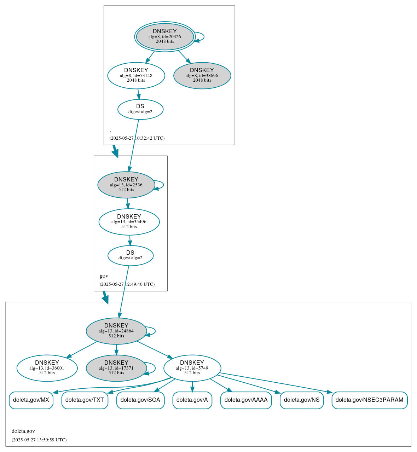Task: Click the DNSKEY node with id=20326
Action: [165, 36]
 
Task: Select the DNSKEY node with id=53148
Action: [136, 75]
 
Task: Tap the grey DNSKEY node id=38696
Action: [202, 75]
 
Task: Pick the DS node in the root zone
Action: [140, 109]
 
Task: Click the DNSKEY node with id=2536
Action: [126, 185]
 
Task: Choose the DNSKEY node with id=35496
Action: [129, 222]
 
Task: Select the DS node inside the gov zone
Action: [131, 255]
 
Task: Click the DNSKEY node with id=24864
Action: [116, 331]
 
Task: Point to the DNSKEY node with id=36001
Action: [47, 368]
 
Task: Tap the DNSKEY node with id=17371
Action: [116, 368]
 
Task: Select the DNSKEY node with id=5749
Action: [192, 368]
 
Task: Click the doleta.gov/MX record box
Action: [31, 400]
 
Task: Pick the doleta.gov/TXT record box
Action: [85, 400]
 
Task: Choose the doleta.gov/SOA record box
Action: [140, 400]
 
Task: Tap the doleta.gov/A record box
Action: [192, 400]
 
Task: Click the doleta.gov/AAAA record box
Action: [246, 400]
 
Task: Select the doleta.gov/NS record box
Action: [302, 400]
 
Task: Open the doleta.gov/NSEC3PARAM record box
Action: [369, 400]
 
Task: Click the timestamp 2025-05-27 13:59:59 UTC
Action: [39, 440]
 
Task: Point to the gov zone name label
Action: [104, 276]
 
